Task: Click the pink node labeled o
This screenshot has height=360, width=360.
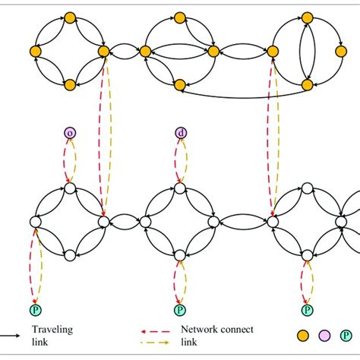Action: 70,134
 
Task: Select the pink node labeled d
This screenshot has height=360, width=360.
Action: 180,134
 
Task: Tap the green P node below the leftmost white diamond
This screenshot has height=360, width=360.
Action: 35,309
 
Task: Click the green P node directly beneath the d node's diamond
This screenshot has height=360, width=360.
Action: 180,309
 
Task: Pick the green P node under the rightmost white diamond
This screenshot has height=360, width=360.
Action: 307,309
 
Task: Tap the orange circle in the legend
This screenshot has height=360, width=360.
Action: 302,335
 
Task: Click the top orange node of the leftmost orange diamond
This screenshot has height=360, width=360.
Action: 69,17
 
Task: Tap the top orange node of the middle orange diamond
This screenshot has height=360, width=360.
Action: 180,17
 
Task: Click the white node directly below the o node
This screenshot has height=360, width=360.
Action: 69,188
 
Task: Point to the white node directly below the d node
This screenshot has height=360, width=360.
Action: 180,188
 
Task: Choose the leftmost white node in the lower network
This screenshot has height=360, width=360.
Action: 35,222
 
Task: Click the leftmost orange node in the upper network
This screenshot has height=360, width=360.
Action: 35,51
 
